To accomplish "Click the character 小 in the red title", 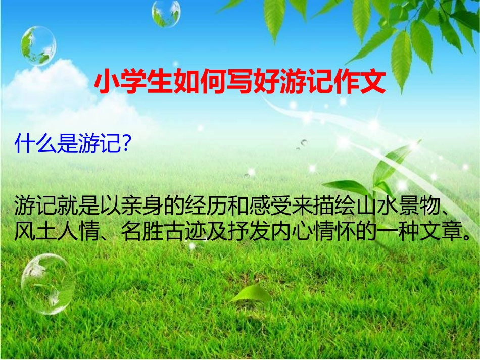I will click(106, 82).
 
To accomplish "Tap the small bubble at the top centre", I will click(166, 14).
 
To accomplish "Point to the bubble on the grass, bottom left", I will click(47, 283).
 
